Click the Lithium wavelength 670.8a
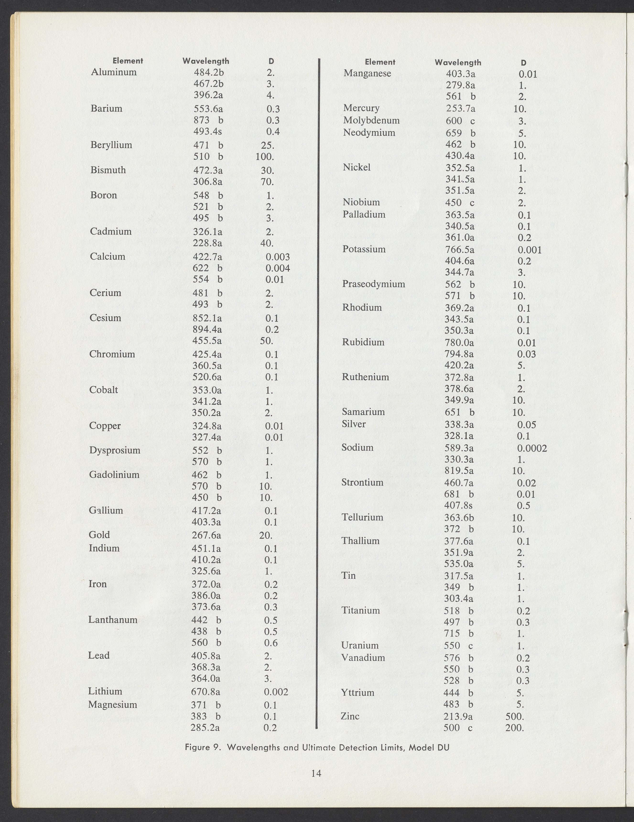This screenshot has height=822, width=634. tap(206, 692)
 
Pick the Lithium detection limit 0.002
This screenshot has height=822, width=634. tap(276, 692)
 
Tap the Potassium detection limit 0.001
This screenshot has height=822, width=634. tap(529, 250)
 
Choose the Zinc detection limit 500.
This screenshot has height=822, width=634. tap(515, 716)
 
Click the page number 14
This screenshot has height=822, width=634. tap(316, 774)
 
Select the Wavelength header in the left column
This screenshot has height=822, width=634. tap(206, 61)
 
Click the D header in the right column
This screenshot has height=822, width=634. tap(524, 63)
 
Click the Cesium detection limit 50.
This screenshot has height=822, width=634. tap(266, 341)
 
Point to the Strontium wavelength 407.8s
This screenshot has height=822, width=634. tap(459, 505)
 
